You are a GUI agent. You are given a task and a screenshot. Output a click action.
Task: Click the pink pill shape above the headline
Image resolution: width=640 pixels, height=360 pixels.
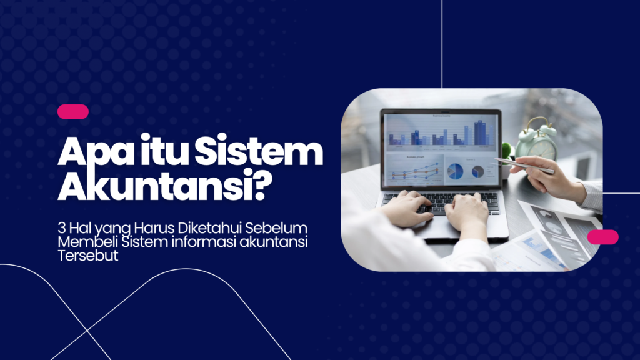[x=72, y=112]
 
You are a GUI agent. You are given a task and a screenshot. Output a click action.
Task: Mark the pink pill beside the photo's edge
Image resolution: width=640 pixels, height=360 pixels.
[x=602, y=237]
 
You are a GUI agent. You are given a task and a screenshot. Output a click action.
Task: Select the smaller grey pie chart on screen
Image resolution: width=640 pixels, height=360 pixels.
[x=478, y=171]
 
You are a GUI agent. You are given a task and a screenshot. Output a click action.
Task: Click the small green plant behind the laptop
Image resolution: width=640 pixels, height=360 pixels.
[x=507, y=150]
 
